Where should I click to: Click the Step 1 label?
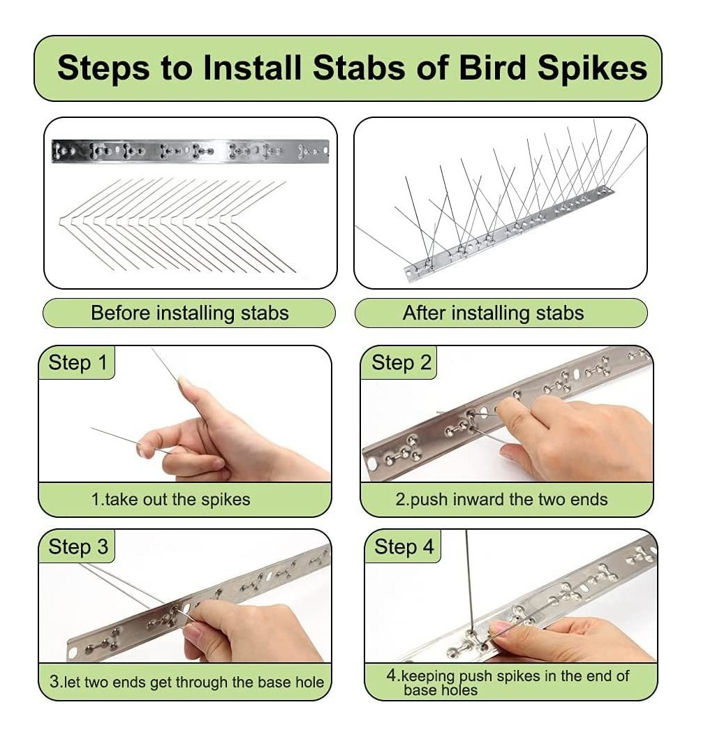78,363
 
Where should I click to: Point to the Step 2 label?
401,363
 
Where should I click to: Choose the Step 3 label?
78,546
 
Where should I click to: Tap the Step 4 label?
404,546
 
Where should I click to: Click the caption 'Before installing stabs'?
189,313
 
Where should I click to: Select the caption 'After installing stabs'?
493,313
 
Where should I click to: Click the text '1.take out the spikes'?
170,499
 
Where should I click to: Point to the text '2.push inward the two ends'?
501,499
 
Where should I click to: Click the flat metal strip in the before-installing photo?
191,151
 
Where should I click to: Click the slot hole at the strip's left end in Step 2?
372,464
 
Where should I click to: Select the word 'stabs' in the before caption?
265,313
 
